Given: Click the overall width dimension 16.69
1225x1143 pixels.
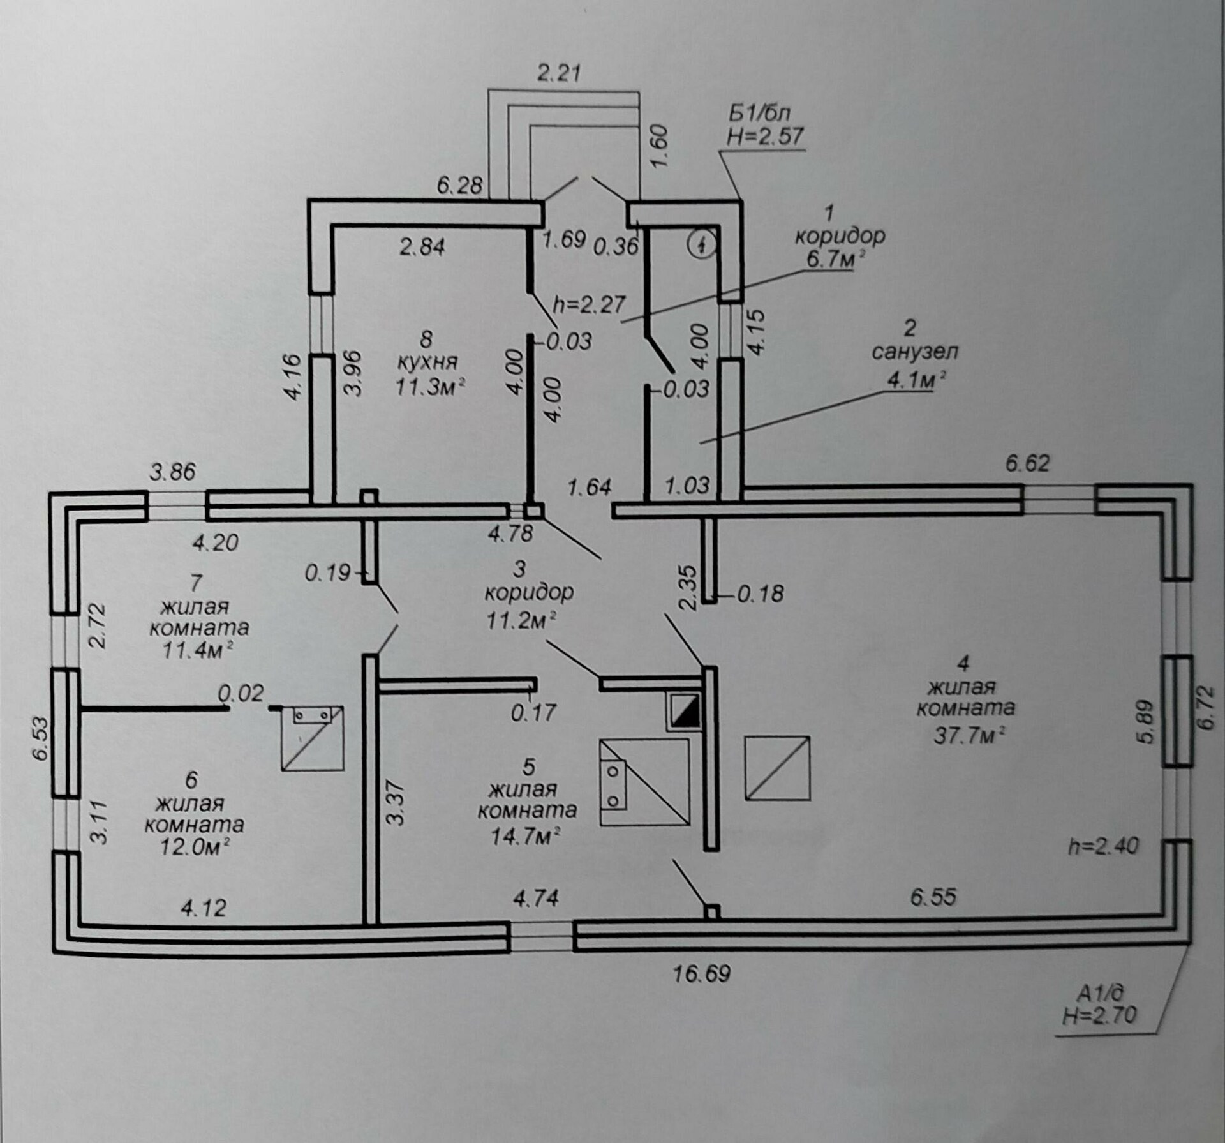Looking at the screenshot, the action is (702, 974).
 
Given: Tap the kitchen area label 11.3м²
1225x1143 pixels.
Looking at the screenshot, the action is (429, 386).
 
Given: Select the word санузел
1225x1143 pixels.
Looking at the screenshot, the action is (914, 352).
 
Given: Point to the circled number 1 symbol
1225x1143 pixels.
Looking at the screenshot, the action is (701, 243).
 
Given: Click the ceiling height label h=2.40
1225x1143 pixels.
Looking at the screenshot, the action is (1103, 846).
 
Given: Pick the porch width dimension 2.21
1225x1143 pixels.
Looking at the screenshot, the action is (559, 73).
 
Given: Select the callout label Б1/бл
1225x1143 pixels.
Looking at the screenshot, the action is (759, 114).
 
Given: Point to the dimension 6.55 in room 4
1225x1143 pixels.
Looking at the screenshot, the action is (933, 897).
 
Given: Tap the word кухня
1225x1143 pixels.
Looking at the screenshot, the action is (427, 362).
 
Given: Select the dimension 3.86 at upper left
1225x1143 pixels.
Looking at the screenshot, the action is (172, 472).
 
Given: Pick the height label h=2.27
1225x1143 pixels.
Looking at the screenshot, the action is (589, 304).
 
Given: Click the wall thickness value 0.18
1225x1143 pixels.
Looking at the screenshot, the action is (761, 594).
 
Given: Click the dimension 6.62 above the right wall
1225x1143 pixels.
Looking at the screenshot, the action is (1027, 463).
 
